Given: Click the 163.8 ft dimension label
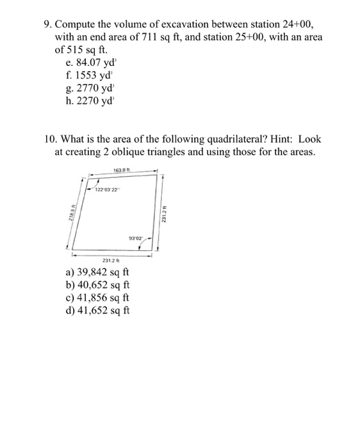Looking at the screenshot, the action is pos(120,170).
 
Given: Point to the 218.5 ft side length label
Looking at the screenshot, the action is pos(69,218).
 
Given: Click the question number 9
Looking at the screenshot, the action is pos(47,24).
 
